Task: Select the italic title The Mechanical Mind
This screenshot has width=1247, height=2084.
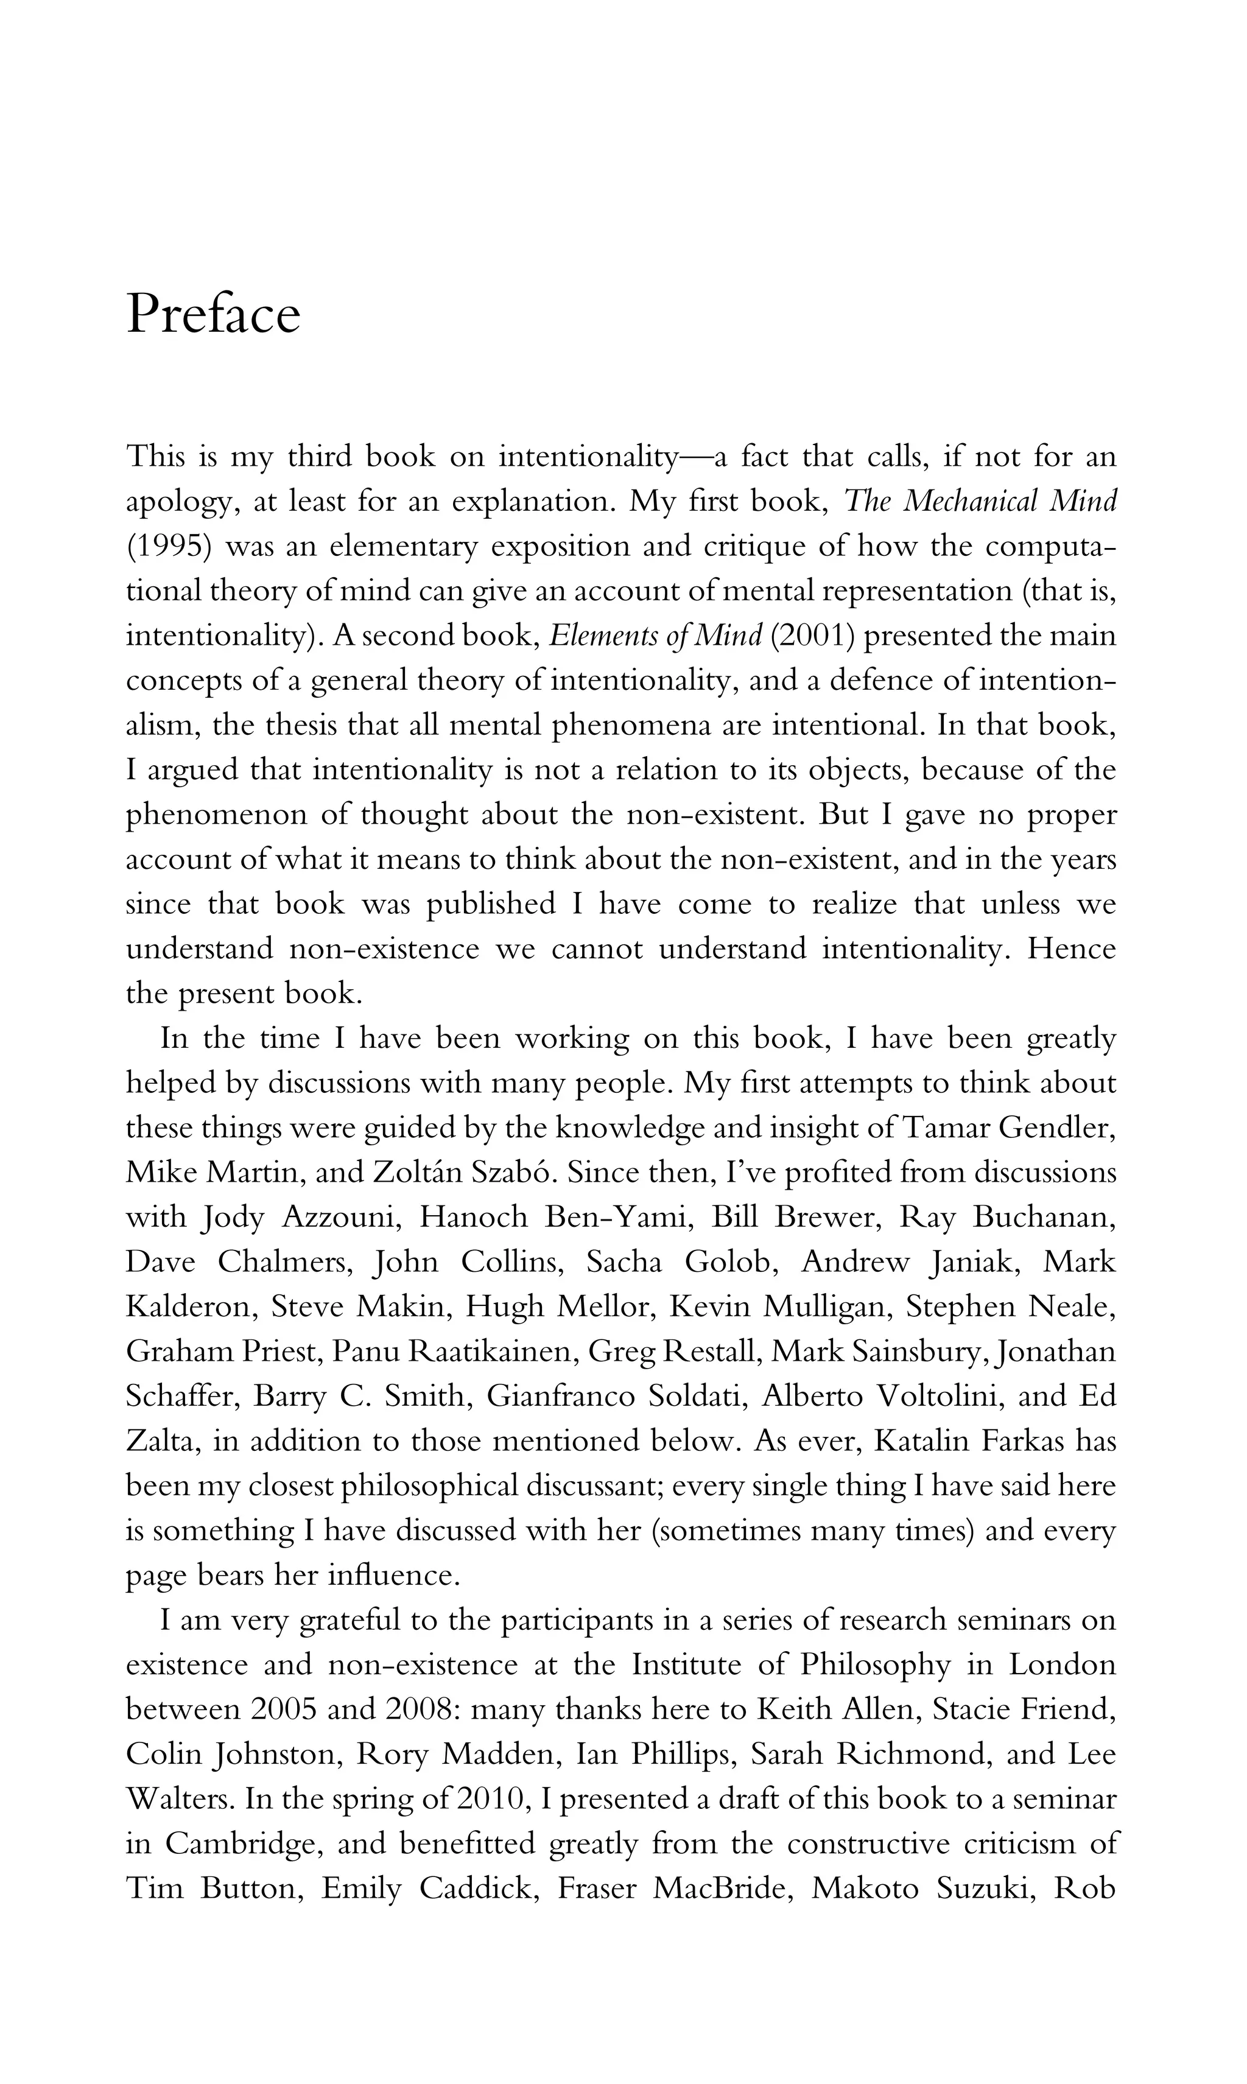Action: [980, 502]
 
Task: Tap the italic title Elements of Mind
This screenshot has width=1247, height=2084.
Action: [655, 636]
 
